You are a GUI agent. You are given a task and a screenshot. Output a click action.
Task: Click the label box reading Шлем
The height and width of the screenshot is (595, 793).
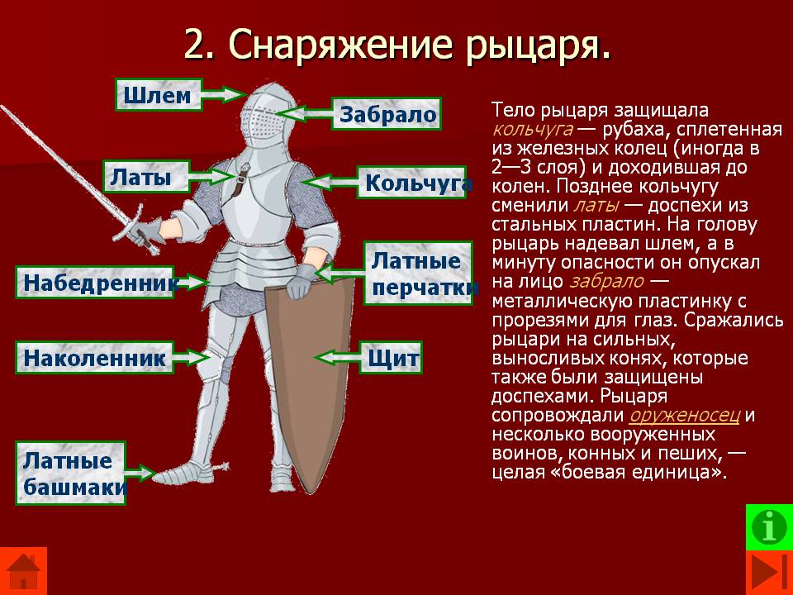click(159, 94)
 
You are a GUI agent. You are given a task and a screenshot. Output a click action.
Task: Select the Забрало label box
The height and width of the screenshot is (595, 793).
click(387, 114)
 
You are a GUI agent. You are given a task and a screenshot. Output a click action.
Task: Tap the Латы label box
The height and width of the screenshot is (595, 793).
click(146, 177)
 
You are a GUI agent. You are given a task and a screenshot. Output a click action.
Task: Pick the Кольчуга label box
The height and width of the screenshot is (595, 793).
click(411, 182)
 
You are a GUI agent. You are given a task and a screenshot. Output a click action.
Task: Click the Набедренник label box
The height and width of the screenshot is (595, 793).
click(94, 283)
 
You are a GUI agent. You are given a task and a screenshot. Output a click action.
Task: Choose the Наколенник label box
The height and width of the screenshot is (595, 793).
click(94, 358)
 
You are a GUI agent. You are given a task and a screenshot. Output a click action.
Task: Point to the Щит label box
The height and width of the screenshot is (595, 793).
click(391, 358)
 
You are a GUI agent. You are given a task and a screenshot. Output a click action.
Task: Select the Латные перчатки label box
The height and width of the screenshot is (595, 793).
click(418, 274)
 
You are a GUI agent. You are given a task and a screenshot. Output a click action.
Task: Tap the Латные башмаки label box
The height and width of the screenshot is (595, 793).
click(70, 473)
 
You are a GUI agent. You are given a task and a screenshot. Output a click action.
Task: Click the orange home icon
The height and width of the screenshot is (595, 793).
click(23, 571)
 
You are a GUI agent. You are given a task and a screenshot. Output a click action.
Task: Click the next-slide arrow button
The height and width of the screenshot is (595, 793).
click(769, 573)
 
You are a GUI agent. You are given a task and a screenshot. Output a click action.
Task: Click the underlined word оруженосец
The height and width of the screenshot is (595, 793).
click(684, 415)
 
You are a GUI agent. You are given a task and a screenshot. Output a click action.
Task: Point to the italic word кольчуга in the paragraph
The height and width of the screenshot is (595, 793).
click(533, 130)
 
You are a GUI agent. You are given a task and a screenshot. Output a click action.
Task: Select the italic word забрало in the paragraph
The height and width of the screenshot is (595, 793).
click(607, 281)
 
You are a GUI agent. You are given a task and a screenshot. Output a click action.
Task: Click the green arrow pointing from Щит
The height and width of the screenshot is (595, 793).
click(337, 357)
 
